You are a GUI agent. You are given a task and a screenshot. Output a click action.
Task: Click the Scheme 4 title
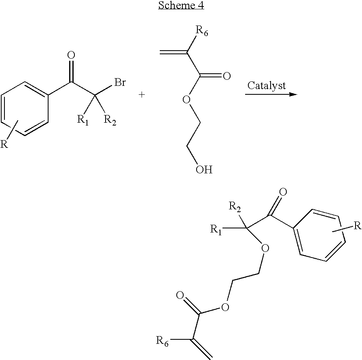[181, 5]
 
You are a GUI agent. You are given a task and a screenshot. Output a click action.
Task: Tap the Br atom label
[120, 82]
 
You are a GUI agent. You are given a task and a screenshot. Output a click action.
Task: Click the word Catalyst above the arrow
[267, 86]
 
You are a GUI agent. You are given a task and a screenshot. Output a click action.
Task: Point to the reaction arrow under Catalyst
[271, 94]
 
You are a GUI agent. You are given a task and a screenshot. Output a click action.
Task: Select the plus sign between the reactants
[142, 95]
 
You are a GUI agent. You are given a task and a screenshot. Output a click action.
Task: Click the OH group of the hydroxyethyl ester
[204, 170]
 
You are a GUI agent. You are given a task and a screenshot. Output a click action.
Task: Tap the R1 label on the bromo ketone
[83, 120]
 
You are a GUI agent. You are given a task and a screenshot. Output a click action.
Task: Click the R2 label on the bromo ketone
[110, 120]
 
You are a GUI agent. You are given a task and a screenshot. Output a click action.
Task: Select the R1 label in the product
[216, 230]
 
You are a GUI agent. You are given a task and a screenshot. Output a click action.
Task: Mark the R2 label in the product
[235, 206]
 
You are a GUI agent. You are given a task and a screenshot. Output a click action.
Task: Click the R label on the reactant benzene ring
[4, 144]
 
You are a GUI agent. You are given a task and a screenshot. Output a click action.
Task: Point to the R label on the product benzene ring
[358, 225]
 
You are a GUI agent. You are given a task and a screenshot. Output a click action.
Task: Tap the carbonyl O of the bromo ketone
[71, 55]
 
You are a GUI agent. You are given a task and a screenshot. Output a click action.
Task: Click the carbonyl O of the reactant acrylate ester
[227, 76]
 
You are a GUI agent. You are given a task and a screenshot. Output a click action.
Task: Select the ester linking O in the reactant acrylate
[186, 100]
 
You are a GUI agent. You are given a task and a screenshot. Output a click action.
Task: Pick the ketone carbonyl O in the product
[283, 192]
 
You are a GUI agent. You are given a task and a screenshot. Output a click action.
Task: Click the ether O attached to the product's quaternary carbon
[265, 248]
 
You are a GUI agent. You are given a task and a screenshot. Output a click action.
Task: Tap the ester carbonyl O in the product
[180, 295]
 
